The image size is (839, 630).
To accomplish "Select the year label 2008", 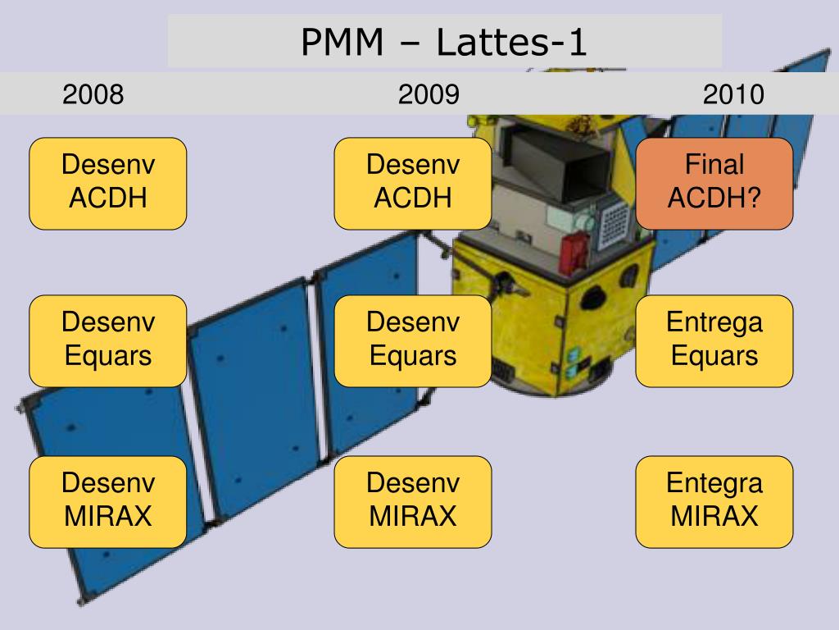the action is [x=93, y=95].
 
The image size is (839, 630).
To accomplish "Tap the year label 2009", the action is [x=429, y=95].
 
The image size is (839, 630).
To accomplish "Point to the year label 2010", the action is [x=732, y=95].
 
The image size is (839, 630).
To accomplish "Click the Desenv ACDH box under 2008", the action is [x=107, y=183].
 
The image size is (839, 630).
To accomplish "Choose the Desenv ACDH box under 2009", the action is [x=413, y=183].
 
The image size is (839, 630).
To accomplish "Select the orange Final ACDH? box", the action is [x=714, y=183].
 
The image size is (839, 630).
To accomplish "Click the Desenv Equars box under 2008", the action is [x=107, y=340].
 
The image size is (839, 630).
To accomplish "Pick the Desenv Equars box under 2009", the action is [x=413, y=340].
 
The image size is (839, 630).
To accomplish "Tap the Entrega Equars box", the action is [x=714, y=340].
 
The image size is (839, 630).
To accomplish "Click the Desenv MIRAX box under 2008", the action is [x=107, y=501].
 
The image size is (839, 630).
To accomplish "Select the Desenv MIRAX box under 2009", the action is [x=413, y=501].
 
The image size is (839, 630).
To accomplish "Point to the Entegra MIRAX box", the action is [x=714, y=501].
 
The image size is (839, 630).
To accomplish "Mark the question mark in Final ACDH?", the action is [x=753, y=199].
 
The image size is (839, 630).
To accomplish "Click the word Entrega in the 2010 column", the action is [x=714, y=322].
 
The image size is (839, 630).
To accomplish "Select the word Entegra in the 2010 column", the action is [x=714, y=483].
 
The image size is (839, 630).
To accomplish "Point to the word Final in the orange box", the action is [x=714, y=165].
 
